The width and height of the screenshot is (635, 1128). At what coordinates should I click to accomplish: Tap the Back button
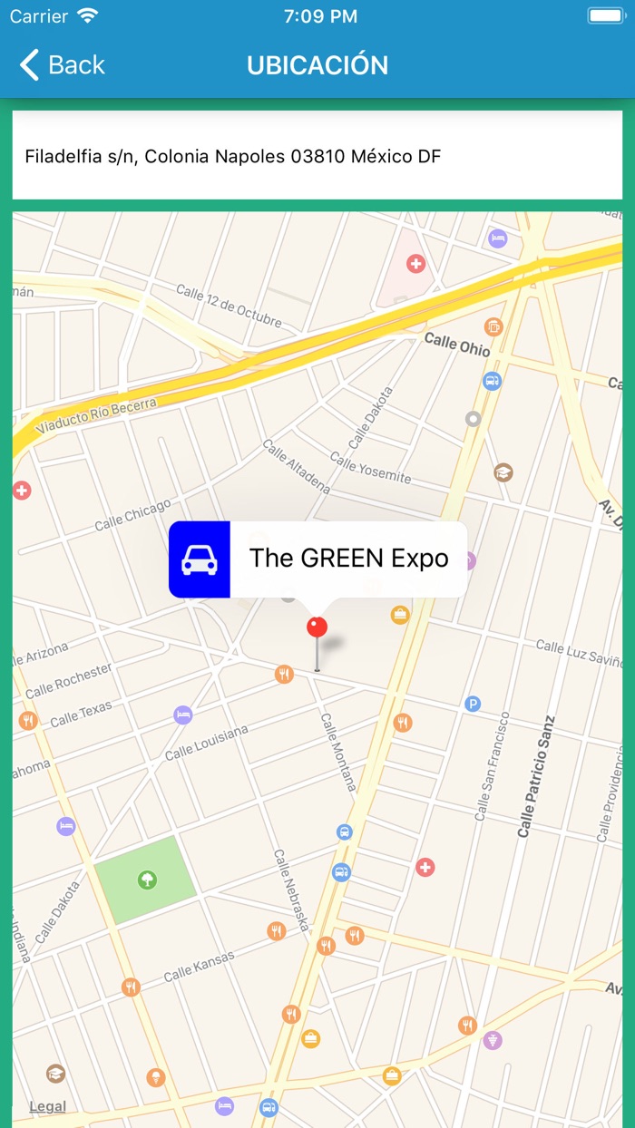tap(62, 65)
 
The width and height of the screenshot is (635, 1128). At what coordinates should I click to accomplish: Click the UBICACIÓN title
tap(317, 65)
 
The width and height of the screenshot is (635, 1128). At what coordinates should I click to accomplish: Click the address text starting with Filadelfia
tap(233, 156)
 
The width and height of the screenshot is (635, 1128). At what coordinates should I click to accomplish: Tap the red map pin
tap(317, 627)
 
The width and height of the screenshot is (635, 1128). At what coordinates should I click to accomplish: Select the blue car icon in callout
tap(200, 559)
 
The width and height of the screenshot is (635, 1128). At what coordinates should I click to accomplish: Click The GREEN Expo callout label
tap(349, 558)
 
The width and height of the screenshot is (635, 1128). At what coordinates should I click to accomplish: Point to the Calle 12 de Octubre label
tap(229, 306)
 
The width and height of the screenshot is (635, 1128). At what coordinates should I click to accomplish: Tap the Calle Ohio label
tap(457, 345)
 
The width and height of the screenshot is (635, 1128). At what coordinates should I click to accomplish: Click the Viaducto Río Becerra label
tap(96, 413)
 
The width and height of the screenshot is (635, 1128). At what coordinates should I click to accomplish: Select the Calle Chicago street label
tap(132, 515)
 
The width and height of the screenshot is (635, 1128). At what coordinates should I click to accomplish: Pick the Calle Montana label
tap(337, 751)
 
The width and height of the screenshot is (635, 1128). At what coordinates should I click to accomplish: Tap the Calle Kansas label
tap(199, 967)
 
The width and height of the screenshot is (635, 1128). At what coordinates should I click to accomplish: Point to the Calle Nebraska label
tap(292, 890)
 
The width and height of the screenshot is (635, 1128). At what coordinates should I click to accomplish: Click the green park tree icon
tap(145, 879)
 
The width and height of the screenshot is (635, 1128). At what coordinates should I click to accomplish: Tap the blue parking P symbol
tap(473, 704)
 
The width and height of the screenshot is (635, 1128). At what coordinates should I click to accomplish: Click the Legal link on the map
tap(47, 1106)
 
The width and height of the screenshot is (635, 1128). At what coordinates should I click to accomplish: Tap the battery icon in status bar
tap(605, 16)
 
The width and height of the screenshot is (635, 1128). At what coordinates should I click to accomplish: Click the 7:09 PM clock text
tap(320, 16)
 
